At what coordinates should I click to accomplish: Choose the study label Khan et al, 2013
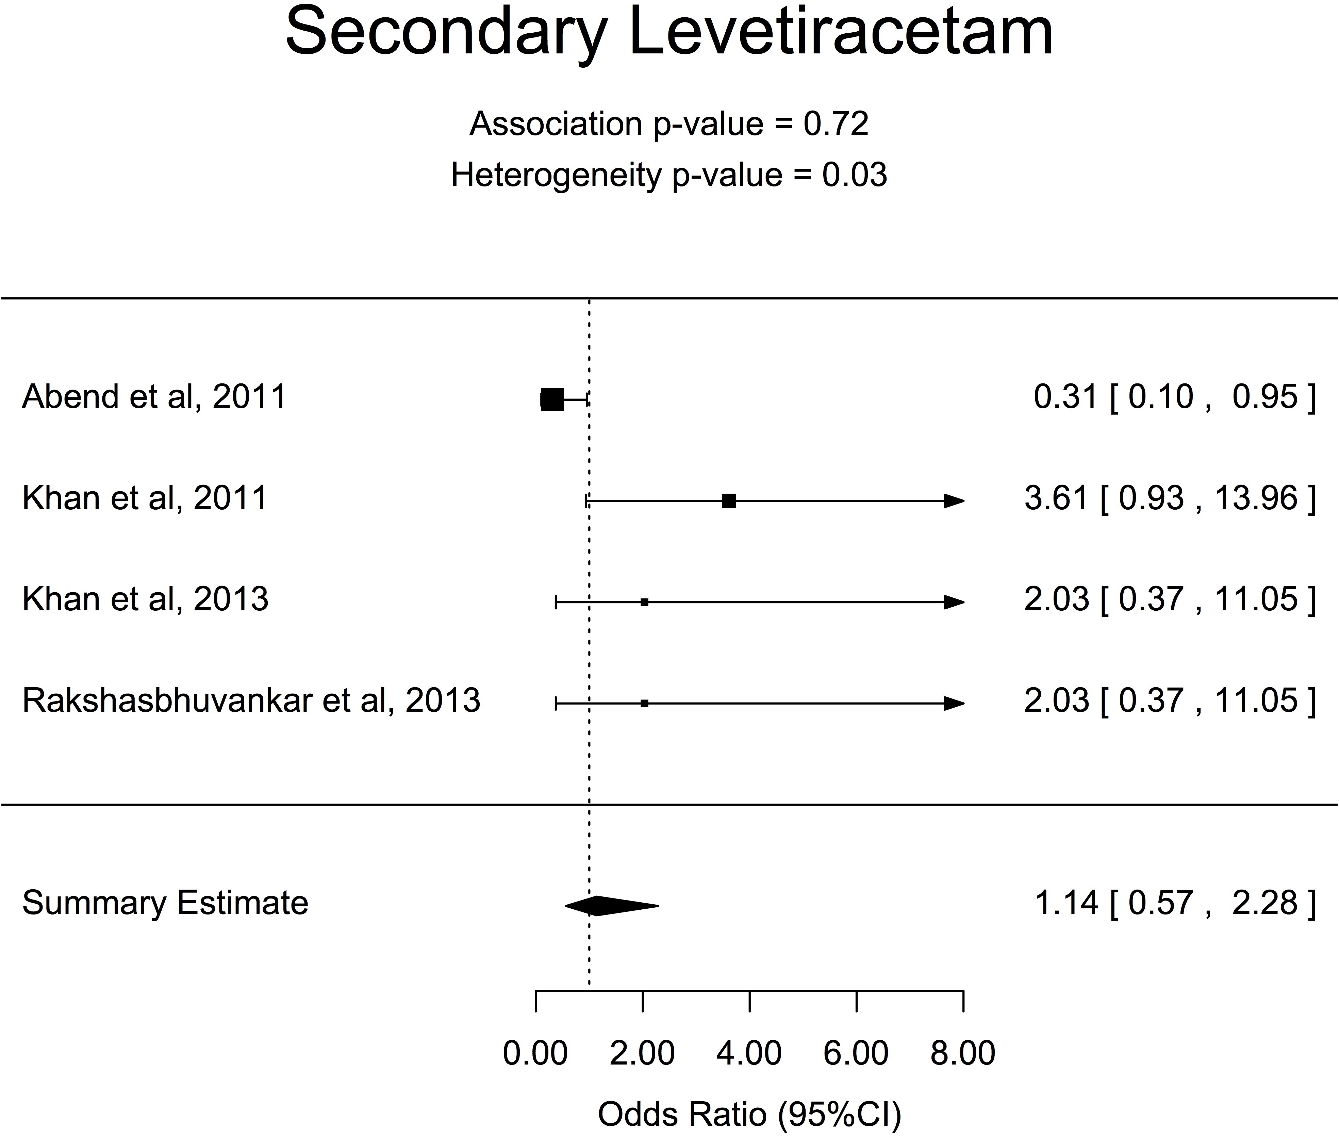point(145,599)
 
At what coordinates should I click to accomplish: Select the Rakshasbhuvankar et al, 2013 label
point(251,700)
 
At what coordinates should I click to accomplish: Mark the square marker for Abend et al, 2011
point(552,400)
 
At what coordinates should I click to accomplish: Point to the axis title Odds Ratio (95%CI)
point(749,1114)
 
